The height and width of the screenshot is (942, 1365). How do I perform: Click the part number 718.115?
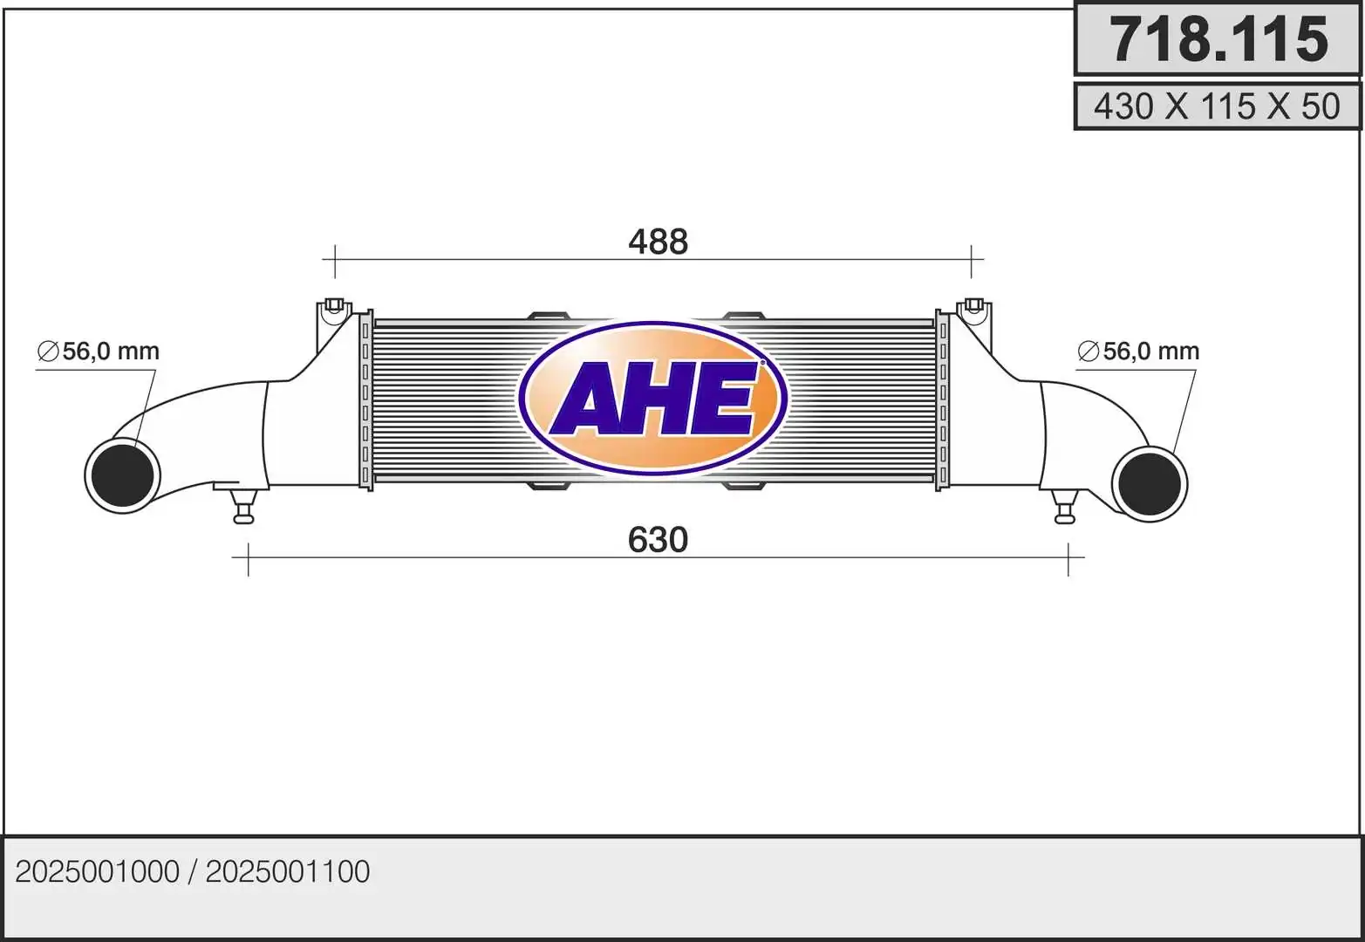tap(1218, 40)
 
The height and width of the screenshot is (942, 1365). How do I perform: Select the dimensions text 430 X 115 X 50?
tap(1217, 106)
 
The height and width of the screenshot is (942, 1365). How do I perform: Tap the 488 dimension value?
tap(658, 242)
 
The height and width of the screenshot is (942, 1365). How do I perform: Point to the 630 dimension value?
tap(658, 540)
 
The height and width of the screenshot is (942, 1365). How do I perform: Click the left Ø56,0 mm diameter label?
tap(99, 352)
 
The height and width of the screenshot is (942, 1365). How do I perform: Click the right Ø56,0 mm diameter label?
tap(1139, 352)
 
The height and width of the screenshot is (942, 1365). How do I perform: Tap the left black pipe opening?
tap(123, 475)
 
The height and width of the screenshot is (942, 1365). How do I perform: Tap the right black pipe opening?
tap(1150, 484)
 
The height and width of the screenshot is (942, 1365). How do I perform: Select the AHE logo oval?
tap(653, 399)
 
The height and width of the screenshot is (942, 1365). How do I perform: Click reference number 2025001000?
tap(97, 871)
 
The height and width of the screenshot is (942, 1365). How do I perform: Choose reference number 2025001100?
tap(288, 871)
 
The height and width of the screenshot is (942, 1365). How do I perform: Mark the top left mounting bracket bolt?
tap(333, 306)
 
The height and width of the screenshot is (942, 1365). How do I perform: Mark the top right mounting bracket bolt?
tap(974, 306)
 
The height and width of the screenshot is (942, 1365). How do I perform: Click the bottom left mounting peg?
tap(243, 509)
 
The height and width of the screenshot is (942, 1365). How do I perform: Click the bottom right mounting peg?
tap(1065, 510)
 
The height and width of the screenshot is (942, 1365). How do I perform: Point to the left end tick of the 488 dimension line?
tap(335, 259)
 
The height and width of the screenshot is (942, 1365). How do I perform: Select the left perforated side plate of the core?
tap(365, 399)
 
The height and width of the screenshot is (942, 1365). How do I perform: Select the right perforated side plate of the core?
tap(943, 399)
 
